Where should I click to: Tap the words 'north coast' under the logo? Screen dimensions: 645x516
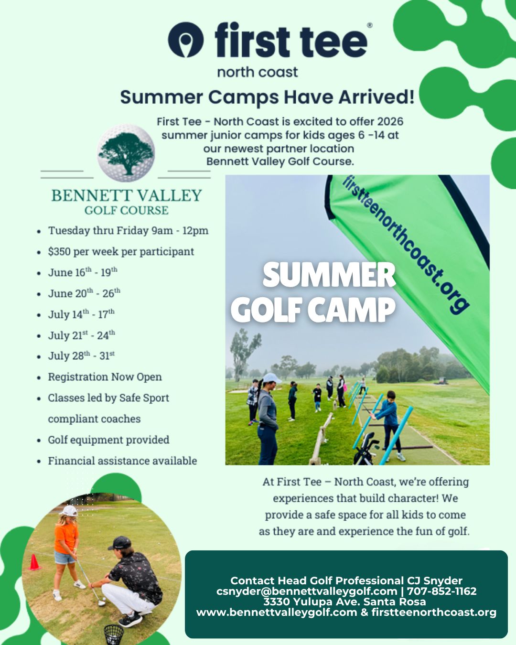point(258,72)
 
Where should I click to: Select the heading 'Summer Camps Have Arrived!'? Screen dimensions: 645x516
point(267,97)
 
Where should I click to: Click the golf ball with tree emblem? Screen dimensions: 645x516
point(126,153)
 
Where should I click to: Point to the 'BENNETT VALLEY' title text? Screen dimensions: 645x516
point(127,195)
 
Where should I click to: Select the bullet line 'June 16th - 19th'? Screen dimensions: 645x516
point(82,272)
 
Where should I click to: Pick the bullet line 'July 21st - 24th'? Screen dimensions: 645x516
point(81,335)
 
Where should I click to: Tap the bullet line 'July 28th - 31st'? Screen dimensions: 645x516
point(81,356)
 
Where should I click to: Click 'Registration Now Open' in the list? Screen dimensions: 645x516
point(105,377)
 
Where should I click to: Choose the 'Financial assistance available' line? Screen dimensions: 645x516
point(122,461)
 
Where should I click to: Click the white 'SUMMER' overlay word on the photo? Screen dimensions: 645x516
point(329,275)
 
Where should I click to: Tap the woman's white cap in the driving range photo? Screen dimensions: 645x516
point(271,378)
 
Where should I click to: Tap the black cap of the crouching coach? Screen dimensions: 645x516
point(120,543)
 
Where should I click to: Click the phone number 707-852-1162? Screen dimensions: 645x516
point(441,591)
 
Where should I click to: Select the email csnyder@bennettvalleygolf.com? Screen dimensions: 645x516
point(307,591)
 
